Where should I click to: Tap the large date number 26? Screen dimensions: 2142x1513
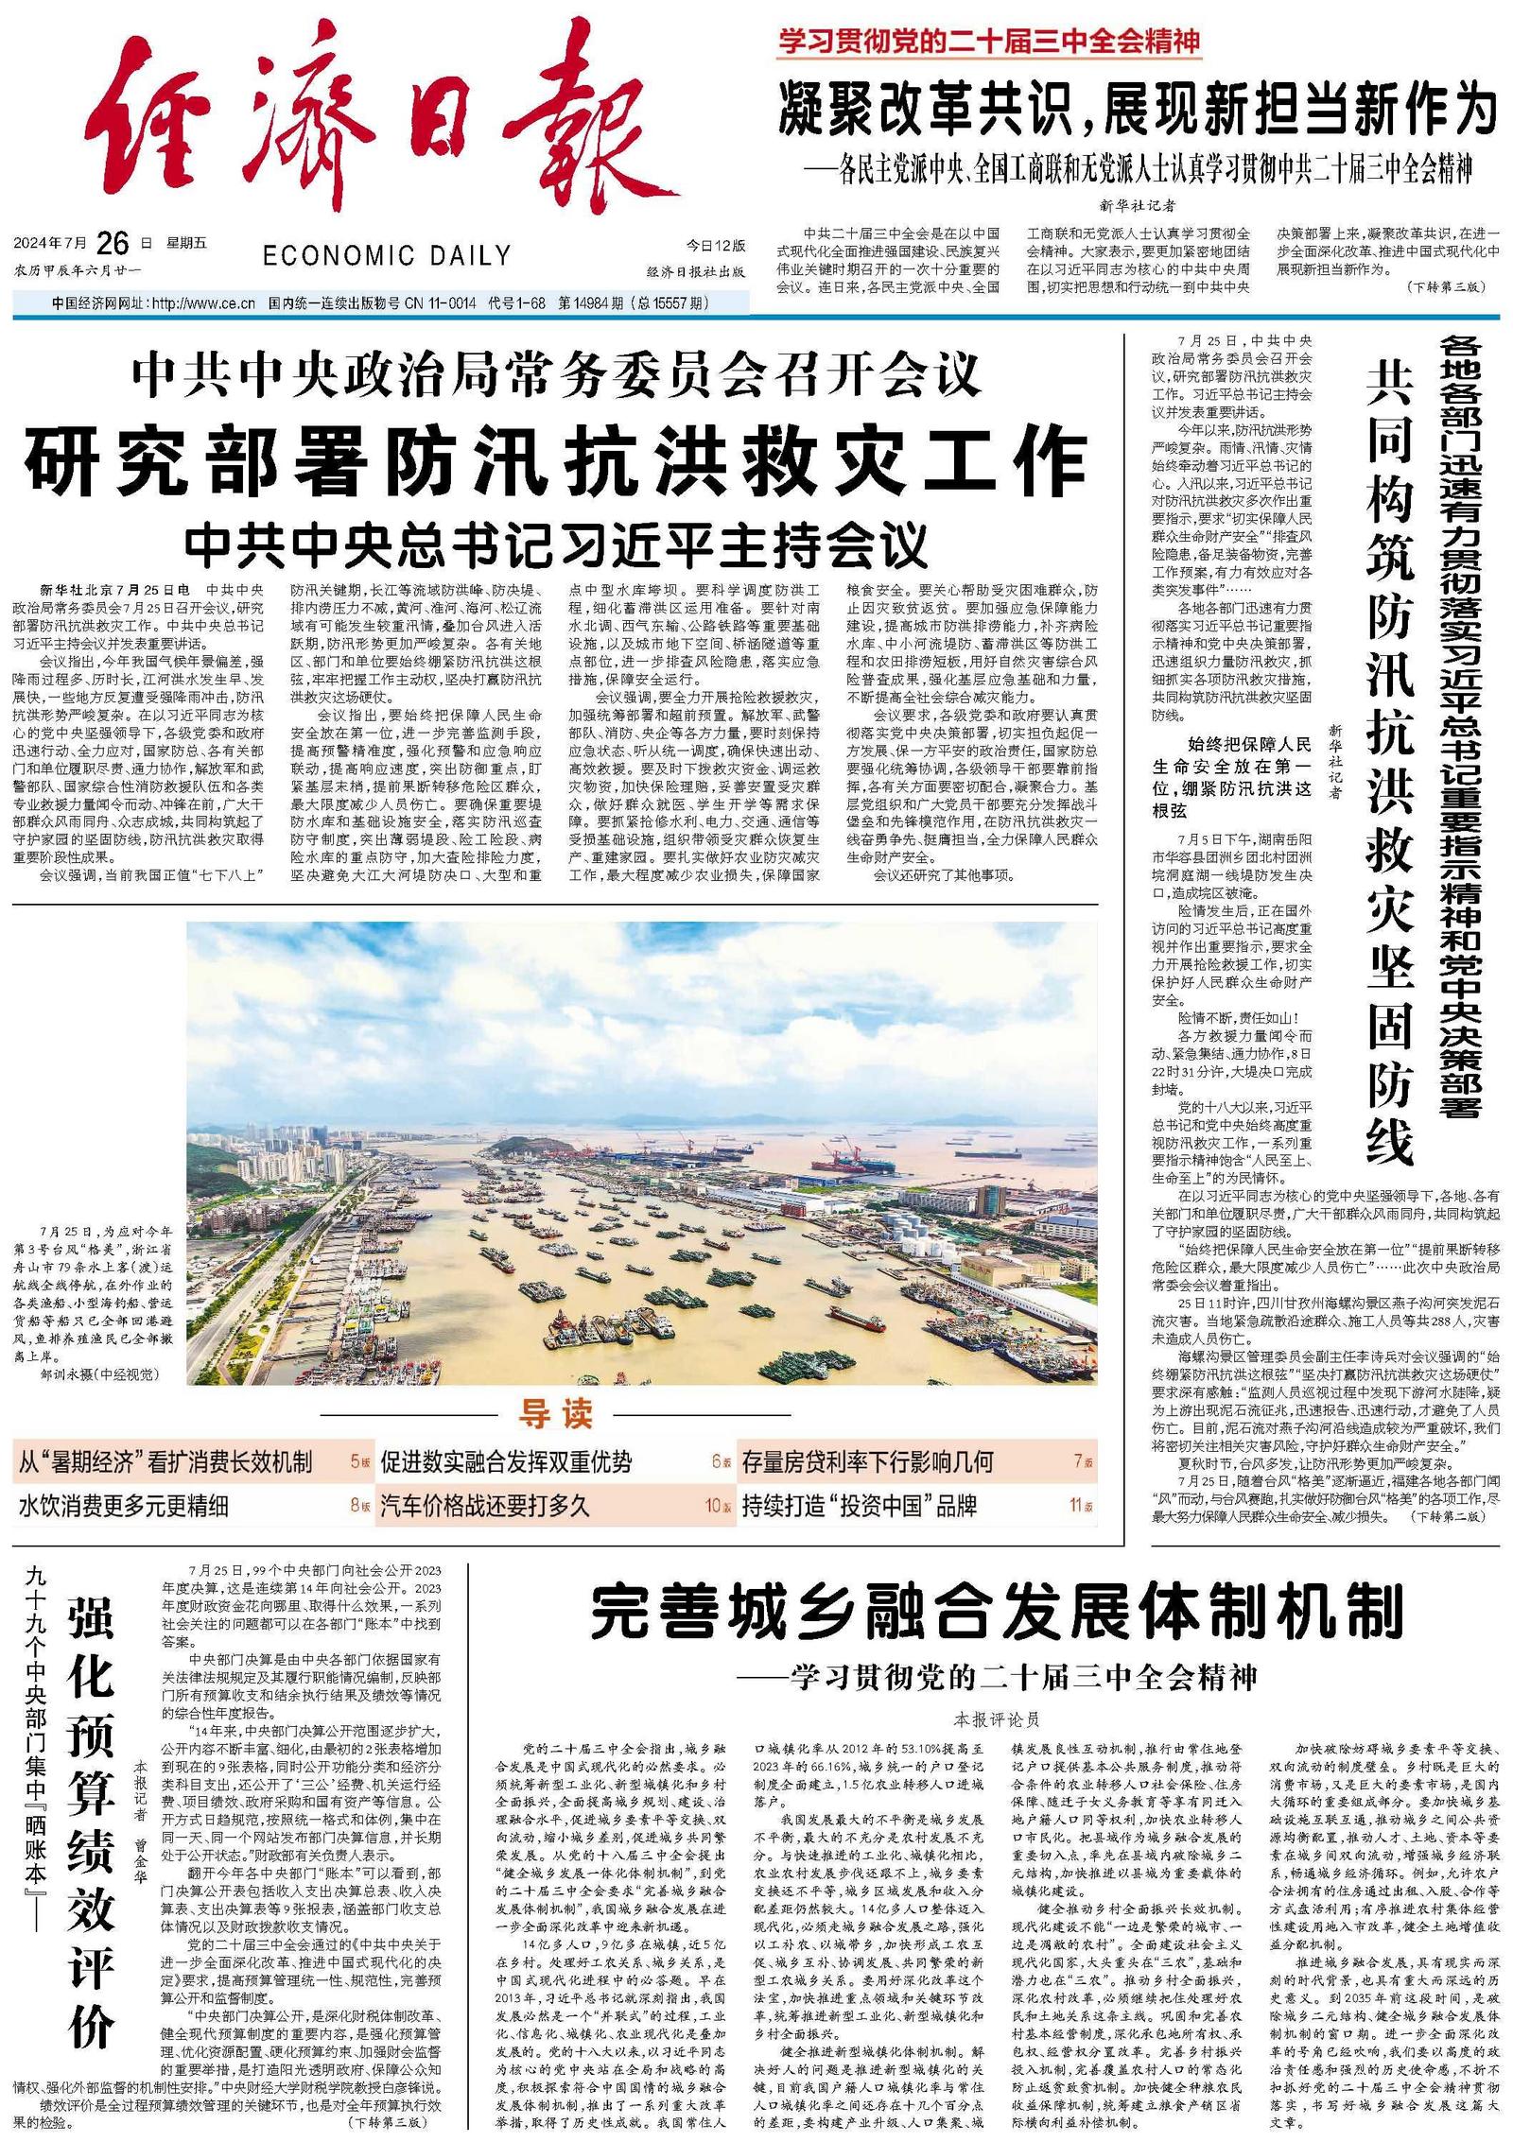(112, 243)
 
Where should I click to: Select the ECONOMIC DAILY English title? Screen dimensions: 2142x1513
(387, 255)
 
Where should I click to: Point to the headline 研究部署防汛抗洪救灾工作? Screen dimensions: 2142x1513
(557, 458)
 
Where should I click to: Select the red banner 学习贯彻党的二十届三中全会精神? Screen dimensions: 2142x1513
(989, 42)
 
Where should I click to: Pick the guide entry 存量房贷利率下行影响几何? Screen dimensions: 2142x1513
(867, 1463)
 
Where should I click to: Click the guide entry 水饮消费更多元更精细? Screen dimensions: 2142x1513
(123, 1506)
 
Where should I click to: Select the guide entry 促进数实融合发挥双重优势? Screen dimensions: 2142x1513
(506, 1463)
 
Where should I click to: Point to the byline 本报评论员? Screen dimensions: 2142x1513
(997, 1719)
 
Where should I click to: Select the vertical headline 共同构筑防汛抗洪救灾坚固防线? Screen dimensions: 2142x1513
(1389, 766)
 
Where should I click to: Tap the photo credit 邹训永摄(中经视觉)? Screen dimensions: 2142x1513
(99, 1373)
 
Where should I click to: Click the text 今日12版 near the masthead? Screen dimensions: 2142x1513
(715, 246)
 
